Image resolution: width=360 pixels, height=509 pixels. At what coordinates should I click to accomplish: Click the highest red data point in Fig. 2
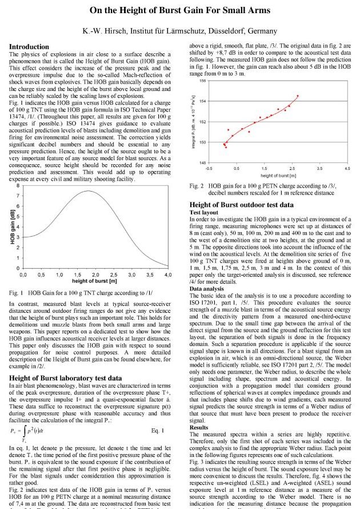coord(298,96)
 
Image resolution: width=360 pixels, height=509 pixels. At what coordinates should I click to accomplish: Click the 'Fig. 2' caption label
coord(196,186)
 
